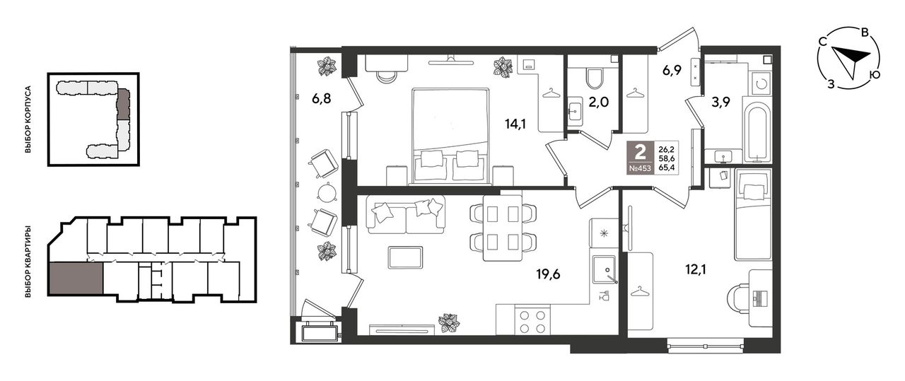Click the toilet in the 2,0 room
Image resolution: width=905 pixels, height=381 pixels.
point(595,78)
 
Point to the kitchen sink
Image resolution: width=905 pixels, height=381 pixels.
point(605,269)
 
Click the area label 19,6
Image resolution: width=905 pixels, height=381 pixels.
point(548,275)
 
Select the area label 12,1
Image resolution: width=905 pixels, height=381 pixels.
point(695,270)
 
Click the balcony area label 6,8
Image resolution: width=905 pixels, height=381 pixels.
point(321,98)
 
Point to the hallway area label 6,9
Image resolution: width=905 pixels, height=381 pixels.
point(672,70)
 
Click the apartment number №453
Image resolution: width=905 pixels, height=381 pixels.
point(640,169)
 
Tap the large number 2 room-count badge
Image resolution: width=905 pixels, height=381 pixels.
point(640,152)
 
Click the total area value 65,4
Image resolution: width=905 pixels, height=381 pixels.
point(667,168)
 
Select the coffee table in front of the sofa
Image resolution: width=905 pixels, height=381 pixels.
point(405,257)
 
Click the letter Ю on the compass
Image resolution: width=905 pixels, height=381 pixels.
point(875,75)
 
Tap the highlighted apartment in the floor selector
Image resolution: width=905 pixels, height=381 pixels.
point(76,278)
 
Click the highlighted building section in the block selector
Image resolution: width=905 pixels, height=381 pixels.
point(123,104)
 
